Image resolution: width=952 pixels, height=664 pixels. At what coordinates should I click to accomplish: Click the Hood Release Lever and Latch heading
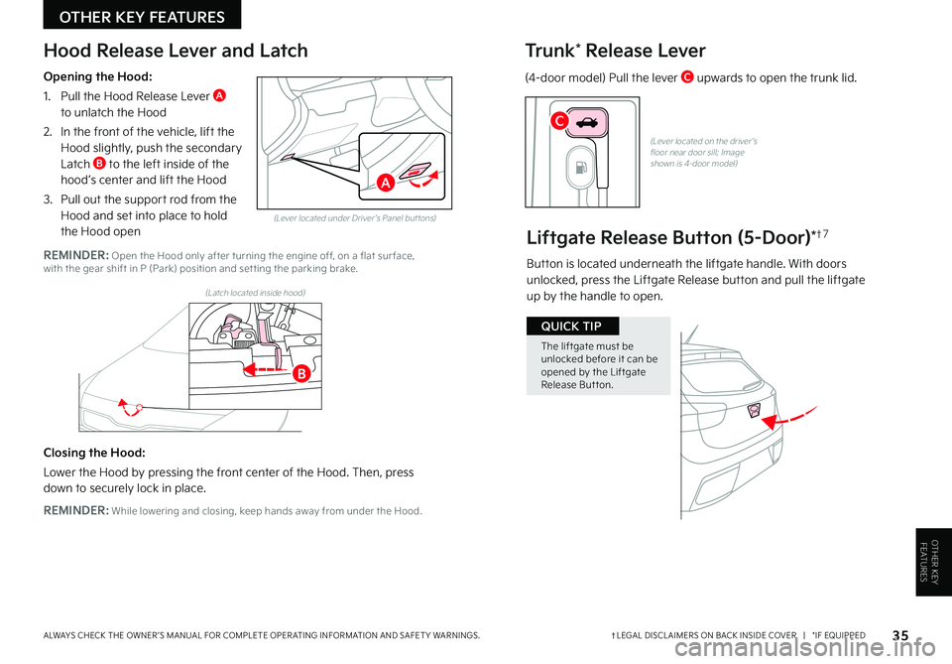pyautogui.click(x=176, y=51)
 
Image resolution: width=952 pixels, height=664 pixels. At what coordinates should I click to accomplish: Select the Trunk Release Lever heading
pyautogui.click(x=615, y=51)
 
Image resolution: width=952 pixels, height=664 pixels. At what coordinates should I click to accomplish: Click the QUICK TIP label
pyautogui.click(x=572, y=326)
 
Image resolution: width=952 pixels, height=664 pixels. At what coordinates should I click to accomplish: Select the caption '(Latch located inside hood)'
pyautogui.click(x=255, y=293)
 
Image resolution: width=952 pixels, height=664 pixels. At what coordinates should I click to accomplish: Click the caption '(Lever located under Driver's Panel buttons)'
pyautogui.click(x=354, y=217)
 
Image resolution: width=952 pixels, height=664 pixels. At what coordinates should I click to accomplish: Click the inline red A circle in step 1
pyautogui.click(x=219, y=95)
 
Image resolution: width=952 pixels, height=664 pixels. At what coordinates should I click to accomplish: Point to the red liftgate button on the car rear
pyautogui.click(x=754, y=411)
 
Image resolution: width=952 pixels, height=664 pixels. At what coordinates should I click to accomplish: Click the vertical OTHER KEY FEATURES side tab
pyautogui.click(x=932, y=561)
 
